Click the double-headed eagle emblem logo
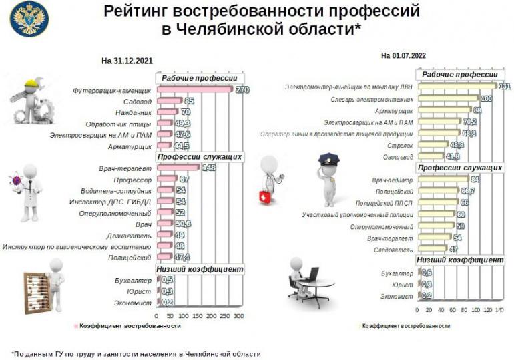click(x=29, y=19)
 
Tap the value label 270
click(x=242, y=89)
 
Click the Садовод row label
click(x=138, y=101)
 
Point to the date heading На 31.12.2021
click(x=127, y=61)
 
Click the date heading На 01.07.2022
click(x=403, y=55)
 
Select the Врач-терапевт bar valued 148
click(x=177, y=168)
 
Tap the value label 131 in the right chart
click(x=504, y=87)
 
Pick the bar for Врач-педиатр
click(x=443, y=180)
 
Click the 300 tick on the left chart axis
click(x=238, y=315)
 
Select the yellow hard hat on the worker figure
click(x=33, y=85)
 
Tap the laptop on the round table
click(x=312, y=274)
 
